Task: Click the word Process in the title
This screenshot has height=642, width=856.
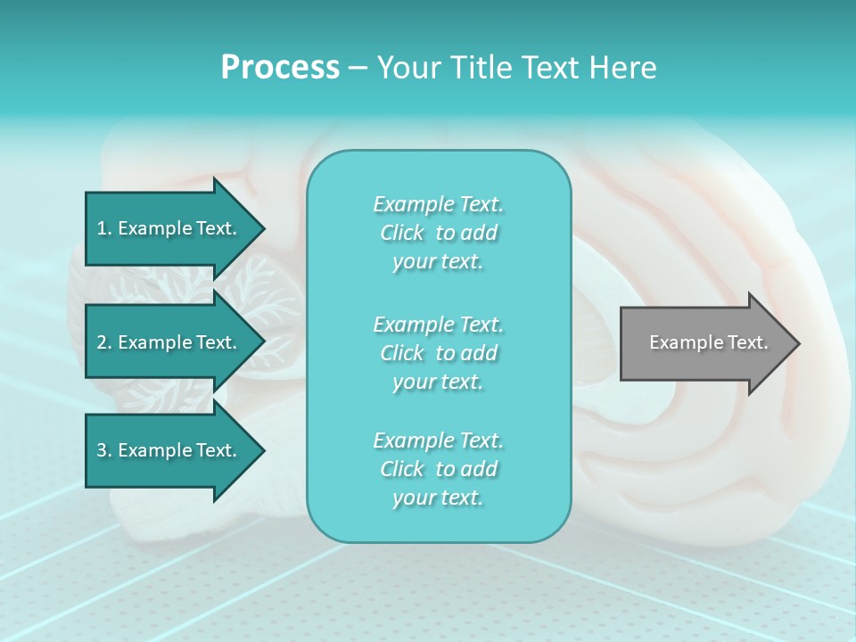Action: [x=280, y=68]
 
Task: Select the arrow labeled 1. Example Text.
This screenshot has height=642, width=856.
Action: [x=169, y=228]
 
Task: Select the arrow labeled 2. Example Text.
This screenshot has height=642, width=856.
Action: [x=169, y=342]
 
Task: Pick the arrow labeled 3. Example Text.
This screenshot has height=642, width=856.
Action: [x=169, y=450]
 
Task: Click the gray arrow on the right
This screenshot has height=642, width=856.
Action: [x=704, y=343]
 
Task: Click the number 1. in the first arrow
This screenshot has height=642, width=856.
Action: [x=104, y=228]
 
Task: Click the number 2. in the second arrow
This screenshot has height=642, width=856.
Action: [x=104, y=342]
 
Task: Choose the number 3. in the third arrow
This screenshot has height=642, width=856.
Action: [x=104, y=450]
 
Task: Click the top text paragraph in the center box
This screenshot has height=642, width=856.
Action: [x=438, y=233]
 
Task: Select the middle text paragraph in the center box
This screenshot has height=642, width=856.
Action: [x=438, y=353]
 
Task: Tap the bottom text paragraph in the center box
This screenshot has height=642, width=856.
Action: [x=438, y=469]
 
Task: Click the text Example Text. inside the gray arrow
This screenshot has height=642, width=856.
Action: [x=708, y=342]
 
